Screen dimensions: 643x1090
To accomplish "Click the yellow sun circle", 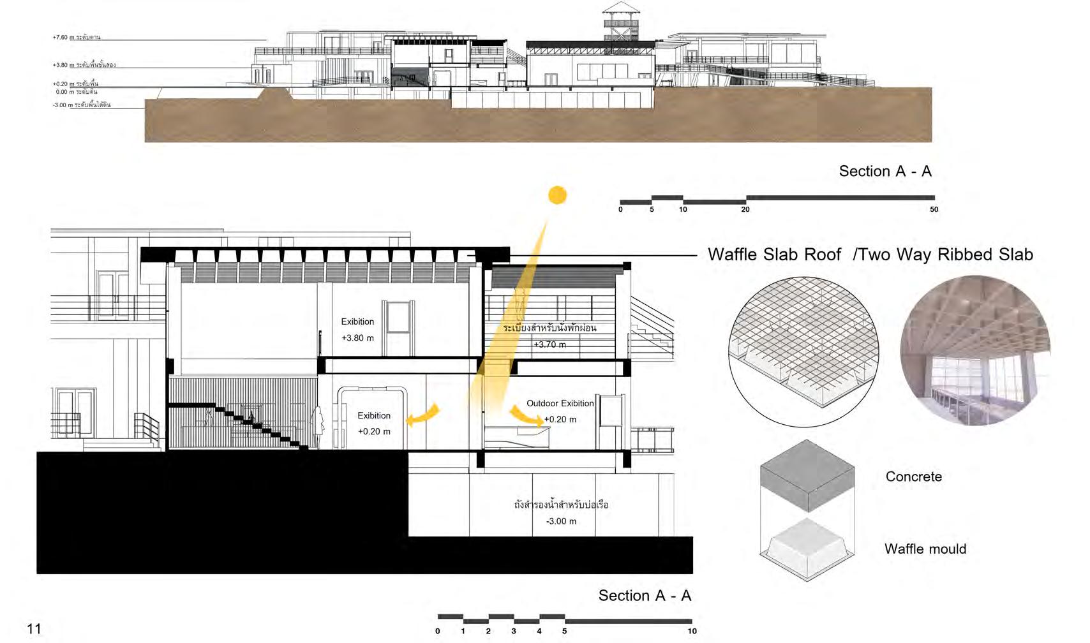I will (557, 195).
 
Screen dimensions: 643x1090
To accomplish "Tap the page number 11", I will (34, 628).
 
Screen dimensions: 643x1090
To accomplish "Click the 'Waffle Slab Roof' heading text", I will (774, 255).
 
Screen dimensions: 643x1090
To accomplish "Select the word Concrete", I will (913, 477).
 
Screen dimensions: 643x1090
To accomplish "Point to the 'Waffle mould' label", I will (925, 549).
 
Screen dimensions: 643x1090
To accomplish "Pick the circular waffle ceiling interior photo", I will (974, 350).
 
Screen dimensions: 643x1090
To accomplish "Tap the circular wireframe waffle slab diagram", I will (803, 351).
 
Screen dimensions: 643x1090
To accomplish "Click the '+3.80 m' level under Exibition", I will (357, 338).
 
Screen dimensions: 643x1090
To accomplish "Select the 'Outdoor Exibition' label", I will (560, 403).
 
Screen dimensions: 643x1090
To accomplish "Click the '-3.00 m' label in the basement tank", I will (561, 521).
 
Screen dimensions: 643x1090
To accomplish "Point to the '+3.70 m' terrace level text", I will (549, 344).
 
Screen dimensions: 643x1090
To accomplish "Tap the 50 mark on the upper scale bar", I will (934, 209).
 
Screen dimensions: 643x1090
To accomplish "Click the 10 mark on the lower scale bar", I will (692, 631).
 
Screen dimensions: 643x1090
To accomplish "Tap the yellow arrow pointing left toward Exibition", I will (423, 416).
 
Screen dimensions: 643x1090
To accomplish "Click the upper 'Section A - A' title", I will (885, 171).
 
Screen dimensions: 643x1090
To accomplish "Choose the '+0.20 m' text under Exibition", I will (374, 432).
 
